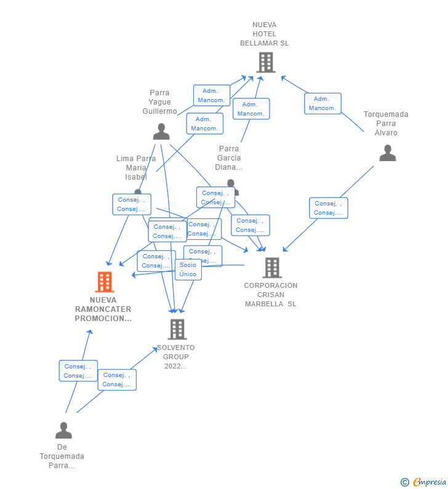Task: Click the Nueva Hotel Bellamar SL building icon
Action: click(x=265, y=62)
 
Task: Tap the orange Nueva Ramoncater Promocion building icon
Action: click(x=105, y=282)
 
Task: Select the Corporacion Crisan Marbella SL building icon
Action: click(x=271, y=268)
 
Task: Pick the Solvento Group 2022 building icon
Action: click(x=177, y=329)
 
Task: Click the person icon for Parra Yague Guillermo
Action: click(x=161, y=132)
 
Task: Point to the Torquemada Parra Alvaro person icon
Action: click(x=388, y=153)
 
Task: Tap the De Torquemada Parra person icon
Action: click(x=63, y=430)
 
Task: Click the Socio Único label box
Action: click(x=188, y=269)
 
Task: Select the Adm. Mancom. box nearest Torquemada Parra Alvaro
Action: click(x=322, y=103)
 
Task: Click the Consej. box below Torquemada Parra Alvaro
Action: click(x=329, y=208)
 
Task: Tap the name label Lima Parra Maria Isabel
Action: click(x=136, y=167)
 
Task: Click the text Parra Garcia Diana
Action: click(x=229, y=158)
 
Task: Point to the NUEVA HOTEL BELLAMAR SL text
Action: click(x=265, y=34)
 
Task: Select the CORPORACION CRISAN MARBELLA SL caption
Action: click(x=271, y=295)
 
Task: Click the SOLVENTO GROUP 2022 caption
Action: click(x=176, y=357)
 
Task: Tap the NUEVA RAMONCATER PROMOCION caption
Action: click(x=103, y=309)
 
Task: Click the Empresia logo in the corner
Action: click(x=424, y=482)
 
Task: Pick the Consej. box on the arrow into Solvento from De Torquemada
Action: click(x=117, y=380)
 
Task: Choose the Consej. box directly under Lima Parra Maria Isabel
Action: click(x=132, y=204)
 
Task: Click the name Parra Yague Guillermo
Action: click(x=160, y=102)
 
